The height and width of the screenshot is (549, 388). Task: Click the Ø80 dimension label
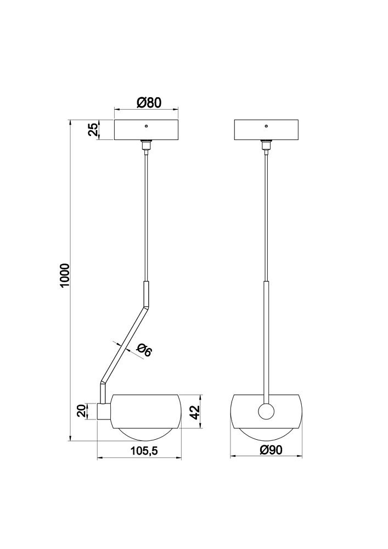(149, 103)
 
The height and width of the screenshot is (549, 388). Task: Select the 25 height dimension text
(93, 130)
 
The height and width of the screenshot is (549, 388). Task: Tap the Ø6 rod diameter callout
(144, 350)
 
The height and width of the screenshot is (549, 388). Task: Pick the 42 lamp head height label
(194, 412)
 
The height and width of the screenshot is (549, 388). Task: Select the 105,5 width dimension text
(144, 451)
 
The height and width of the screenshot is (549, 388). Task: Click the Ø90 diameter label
(271, 450)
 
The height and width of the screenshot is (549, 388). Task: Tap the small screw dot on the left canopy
(146, 125)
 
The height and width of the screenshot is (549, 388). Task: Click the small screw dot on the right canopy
(266, 125)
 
